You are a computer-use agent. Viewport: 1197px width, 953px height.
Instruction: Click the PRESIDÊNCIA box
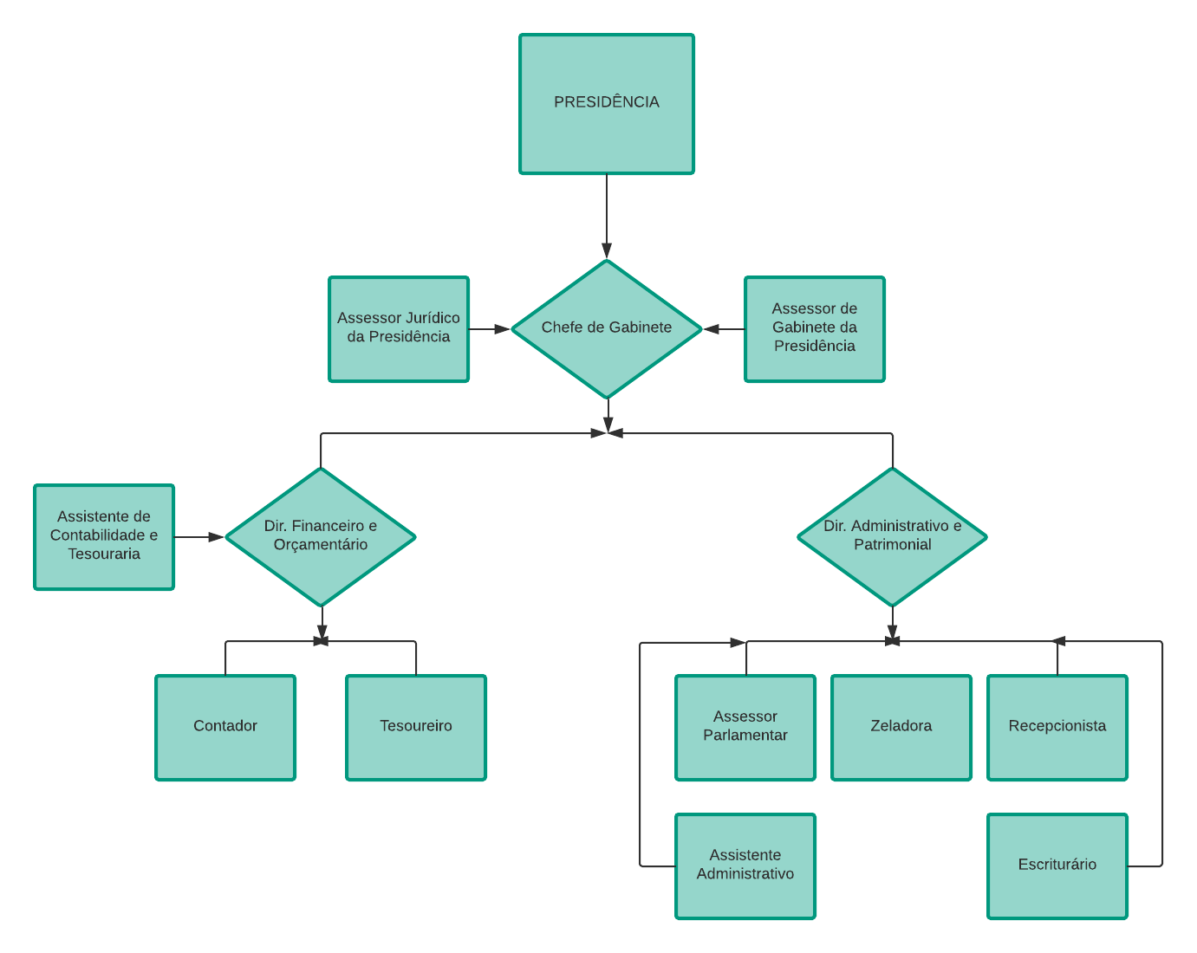coord(607,104)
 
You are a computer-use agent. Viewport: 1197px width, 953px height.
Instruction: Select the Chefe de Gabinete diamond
coord(607,328)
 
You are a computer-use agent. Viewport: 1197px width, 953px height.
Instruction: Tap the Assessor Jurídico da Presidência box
coord(399,328)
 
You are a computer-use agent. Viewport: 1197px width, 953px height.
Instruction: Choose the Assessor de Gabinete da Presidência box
coord(815,328)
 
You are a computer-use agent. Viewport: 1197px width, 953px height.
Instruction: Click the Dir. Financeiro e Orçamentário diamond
coord(321,536)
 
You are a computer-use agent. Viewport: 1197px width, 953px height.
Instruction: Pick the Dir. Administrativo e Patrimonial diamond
coord(892,536)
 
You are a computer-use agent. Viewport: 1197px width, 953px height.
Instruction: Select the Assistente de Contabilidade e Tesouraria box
coord(104,536)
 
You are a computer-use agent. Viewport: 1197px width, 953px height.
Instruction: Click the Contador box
coord(225,727)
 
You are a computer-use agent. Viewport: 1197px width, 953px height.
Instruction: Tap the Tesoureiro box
coord(416,727)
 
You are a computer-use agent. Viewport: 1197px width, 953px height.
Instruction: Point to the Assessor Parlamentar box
coord(745,727)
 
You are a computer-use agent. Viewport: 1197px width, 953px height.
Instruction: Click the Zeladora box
coord(901,727)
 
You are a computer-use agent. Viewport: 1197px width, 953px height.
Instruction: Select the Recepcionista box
coord(1057,727)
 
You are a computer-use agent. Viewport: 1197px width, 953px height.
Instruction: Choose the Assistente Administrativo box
coord(745,865)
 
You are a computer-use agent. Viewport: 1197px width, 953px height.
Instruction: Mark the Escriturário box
coord(1057,865)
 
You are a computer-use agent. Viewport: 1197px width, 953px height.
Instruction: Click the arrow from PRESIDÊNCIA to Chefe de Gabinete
coord(607,217)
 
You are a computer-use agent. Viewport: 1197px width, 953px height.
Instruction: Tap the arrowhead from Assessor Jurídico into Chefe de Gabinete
coord(503,329)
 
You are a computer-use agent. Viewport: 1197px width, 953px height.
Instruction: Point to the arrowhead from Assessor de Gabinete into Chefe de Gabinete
coord(712,329)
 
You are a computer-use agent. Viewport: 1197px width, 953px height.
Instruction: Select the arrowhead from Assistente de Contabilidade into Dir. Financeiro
coord(217,537)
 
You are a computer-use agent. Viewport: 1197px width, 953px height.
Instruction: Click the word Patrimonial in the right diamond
coord(892,545)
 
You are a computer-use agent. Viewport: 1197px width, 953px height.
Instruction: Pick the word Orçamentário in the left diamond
coord(321,545)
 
